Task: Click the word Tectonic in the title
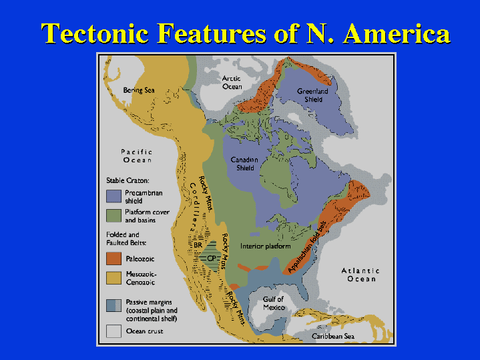[x=95, y=33]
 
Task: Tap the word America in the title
[x=397, y=33]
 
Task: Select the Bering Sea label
[x=139, y=90]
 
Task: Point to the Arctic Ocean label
[x=232, y=83]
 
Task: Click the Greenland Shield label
[x=312, y=96]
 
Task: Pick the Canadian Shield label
[x=244, y=164]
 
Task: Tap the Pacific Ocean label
[x=137, y=156]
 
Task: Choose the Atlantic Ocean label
[x=361, y=275]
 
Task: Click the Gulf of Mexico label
[x=273, y=303]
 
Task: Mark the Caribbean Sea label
[x=333, y=337]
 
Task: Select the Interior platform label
[x=266, y=246]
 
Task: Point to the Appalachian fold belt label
[x=307, y=247]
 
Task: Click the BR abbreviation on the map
[x=198, y=245]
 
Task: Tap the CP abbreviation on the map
[x=211, y=258]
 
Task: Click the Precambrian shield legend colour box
[x=113, y=196]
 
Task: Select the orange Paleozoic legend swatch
[x=113, y=258]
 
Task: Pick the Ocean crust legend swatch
[x=113, y=331]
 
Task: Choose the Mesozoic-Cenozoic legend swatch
[x=113, y=278]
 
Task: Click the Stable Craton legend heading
[x=128, y=181]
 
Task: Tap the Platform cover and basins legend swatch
[x=113, y=216]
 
